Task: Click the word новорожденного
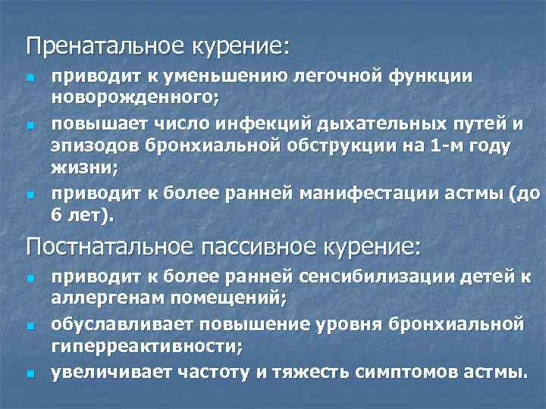(x=133, y=96)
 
